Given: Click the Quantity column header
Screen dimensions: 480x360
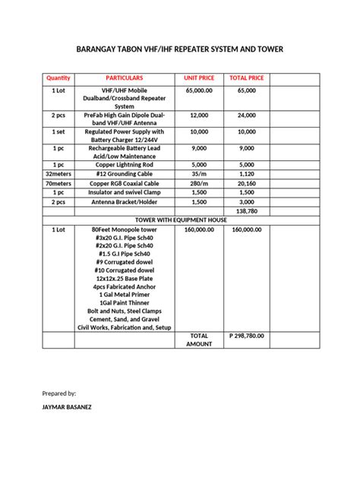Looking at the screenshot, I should pos(58,78).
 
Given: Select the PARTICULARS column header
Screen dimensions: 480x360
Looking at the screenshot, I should pos(124,78).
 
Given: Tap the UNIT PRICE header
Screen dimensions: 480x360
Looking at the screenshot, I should pos(199,78).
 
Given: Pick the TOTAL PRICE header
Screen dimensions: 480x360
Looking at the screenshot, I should pos(246,78).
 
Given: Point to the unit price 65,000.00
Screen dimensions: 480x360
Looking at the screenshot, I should pos(199,90).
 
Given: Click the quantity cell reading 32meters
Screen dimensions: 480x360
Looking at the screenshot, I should pos(58,174).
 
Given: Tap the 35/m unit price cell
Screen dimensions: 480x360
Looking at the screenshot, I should pos(199,174).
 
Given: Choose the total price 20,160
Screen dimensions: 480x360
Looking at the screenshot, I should pos(246,183).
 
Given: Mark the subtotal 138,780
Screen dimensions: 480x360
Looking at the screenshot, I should pos(246,210).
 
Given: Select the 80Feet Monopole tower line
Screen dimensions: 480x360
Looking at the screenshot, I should pos(124,229).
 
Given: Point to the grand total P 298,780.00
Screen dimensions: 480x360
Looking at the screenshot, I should pos(246,335).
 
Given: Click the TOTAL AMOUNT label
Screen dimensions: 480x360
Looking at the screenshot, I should pos(199,339).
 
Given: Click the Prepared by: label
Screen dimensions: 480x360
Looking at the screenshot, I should pos(59,393).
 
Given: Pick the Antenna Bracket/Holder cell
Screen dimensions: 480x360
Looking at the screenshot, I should pos(124,202).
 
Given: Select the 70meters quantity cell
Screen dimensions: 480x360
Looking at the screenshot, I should pos(58,183).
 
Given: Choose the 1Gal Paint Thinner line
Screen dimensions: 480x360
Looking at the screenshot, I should pos(124,302).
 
